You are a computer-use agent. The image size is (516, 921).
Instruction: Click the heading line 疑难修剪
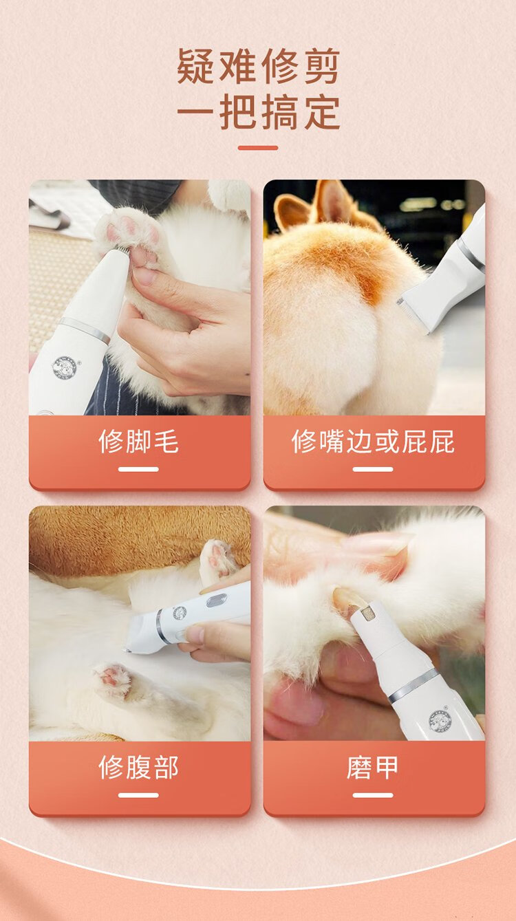(x=258, y=66)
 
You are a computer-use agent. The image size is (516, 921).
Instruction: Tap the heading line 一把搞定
(x=258, y=112)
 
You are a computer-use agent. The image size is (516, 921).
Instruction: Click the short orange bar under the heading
(x=258, y=148)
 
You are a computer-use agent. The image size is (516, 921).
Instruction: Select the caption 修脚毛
(x=138, y=441)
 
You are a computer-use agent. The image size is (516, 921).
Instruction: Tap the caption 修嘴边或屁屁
(x=374, y=441)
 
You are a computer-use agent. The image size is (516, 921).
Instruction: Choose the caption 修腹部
(x=138, y=767)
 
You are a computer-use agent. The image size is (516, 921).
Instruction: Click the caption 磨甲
(x=373, y=767)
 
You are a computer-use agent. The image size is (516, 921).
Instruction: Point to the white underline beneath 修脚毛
(x=138, y=469)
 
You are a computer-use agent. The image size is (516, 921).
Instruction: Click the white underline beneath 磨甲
(x=373, y=795)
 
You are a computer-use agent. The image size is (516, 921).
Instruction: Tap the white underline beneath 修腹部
(x=138, y=795)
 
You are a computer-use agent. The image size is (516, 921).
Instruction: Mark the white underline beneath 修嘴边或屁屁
(x=373, y=469)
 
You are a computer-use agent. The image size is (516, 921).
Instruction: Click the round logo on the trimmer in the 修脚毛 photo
(x=65, y=367)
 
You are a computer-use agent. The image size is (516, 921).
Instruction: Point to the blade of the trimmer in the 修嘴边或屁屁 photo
(x=413, y=314)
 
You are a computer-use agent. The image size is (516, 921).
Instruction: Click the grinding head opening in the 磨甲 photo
(x=367, y=614)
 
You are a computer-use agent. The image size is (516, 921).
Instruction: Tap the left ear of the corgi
(x=291, y=212)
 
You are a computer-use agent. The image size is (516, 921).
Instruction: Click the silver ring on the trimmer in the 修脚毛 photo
(x=85, y=329)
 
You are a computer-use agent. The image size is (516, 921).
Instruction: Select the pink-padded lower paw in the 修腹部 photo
(x=112, y=678)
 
